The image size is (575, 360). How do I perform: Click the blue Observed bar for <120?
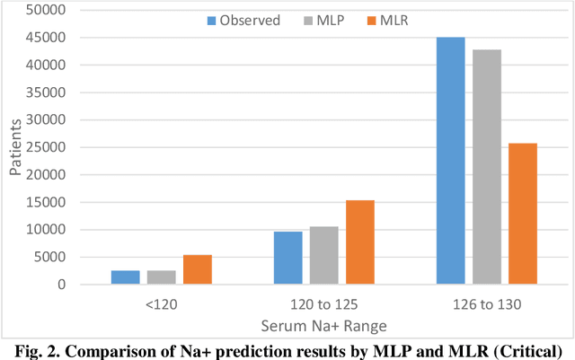click(126, 277)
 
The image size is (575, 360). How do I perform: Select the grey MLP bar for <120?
click(162, 277)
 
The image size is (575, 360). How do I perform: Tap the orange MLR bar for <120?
click(198, 269)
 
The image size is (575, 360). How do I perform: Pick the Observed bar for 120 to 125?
click(287, 258)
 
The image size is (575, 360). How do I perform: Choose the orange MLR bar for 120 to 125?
click(359, 242)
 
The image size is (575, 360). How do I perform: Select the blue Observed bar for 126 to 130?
click(450, 161)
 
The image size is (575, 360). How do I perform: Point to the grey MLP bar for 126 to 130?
click(486, 167)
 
